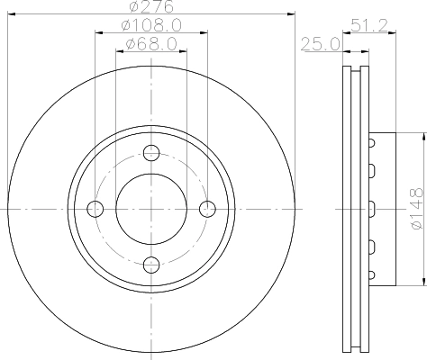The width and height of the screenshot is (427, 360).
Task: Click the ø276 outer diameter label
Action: [x=150, y=8]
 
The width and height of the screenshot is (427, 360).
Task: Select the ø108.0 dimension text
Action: [x=150, y=26]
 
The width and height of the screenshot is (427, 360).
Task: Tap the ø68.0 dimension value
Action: [x=150, y=44]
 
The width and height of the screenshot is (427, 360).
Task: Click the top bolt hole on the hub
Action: [x=151, y=152]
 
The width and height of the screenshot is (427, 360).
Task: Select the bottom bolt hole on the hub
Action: [x=151, y=264]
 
